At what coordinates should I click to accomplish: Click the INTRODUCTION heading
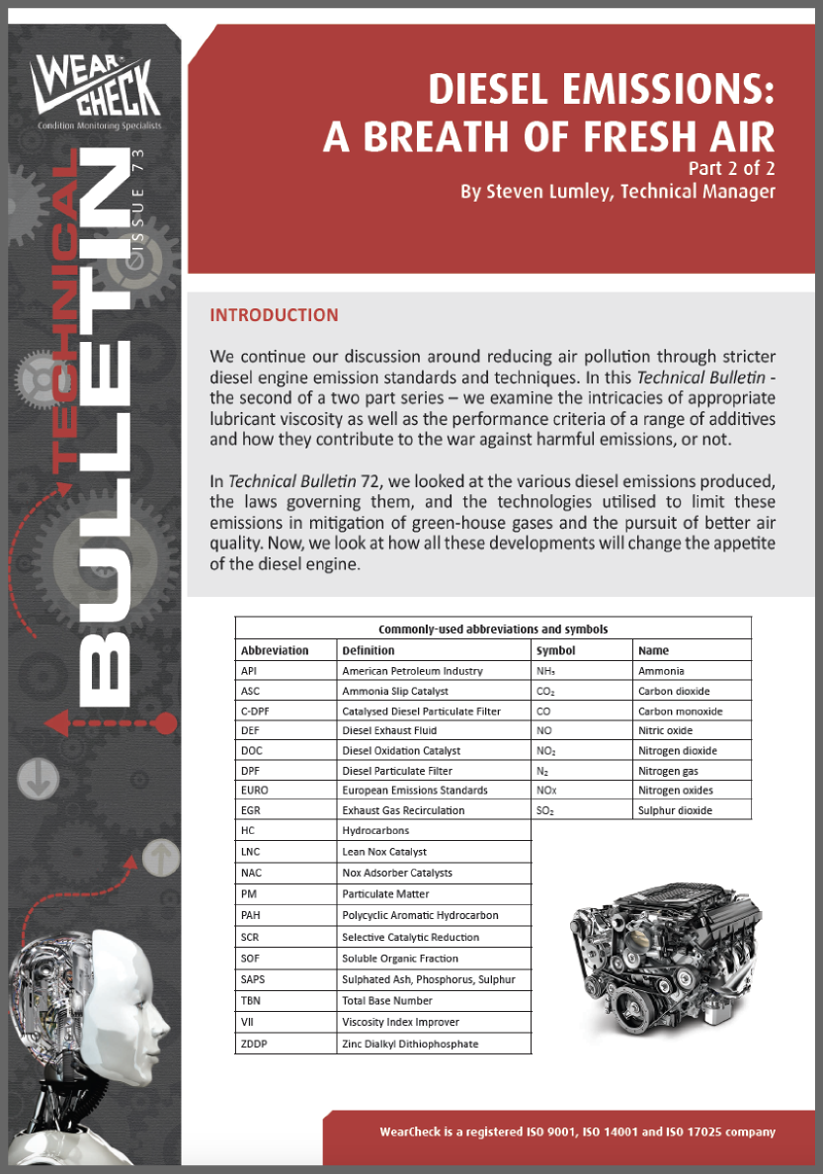(274, 315)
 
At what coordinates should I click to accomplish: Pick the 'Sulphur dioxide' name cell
(675, 810)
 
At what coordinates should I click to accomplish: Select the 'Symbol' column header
(555, 650)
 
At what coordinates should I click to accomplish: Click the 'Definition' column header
(369, 650)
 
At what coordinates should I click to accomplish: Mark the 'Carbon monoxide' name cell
(680, 711)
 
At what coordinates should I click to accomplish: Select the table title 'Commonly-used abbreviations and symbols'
(492, 629)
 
